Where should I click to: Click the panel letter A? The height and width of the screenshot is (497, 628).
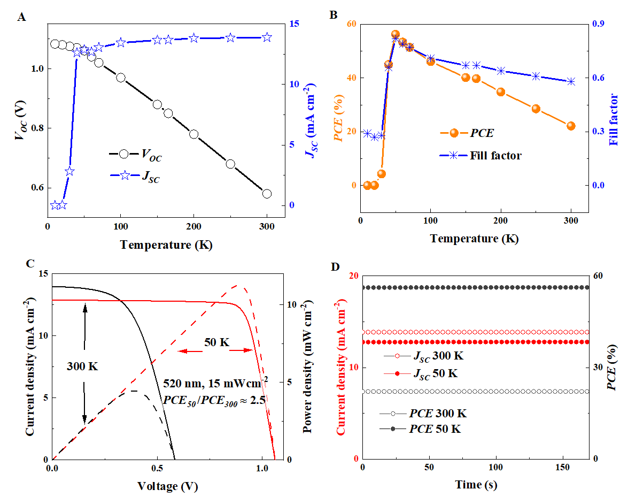coord(21,17)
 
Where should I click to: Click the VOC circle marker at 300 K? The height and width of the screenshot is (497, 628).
coord(267,194)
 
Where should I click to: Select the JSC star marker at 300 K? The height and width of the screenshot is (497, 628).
coord(267,37)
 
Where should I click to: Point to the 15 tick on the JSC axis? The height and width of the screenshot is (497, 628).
coord(294,24)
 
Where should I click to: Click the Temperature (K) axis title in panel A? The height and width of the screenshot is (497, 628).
coord(162,245)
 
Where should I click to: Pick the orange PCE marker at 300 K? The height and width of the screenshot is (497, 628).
coord(571,126)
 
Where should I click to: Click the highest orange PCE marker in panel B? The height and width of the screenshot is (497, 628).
coord(396,34)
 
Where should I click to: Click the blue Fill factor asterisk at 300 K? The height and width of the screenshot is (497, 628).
coord(571,82)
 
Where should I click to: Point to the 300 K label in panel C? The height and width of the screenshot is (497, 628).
coord(83,367)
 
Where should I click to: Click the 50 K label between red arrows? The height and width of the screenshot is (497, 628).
coord(216,341)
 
